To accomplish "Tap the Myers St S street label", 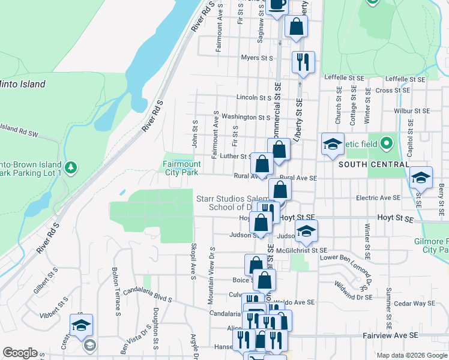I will coord(257,58).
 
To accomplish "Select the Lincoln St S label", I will coord(255,97).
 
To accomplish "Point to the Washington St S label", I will coord(246,117).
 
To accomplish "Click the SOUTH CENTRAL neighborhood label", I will coord(370,164).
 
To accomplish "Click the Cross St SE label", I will coord(393,90).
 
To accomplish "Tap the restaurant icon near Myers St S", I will coord(303,62).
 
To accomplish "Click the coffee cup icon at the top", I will coord(277,6).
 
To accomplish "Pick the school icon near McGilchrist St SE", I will coord(306,231).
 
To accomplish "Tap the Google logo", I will coord(20,353).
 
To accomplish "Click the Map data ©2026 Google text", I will coord(412,355).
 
